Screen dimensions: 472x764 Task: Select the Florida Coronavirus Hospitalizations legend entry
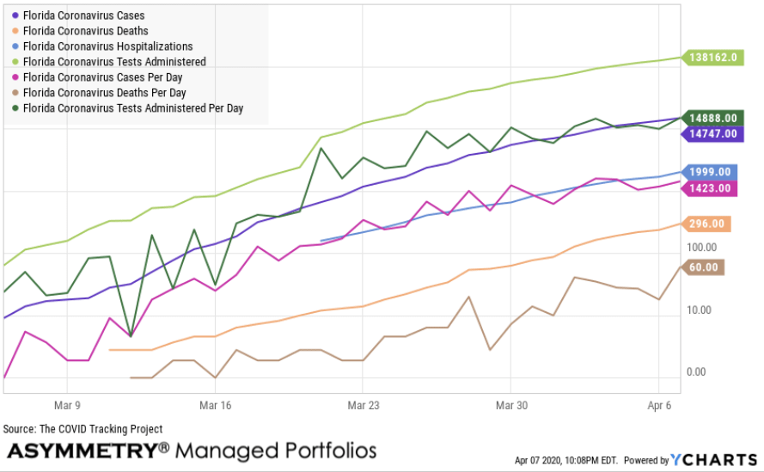(107, 46)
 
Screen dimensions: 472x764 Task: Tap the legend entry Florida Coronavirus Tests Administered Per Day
(133, 108)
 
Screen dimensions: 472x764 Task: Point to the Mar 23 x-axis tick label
(364, 404)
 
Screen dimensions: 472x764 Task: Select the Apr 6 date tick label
(657, 404)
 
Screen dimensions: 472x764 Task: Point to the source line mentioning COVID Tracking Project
(83, 429)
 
